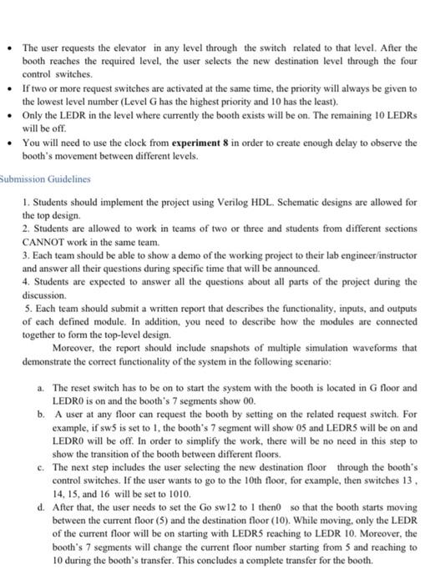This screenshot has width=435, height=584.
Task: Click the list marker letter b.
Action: point(42,414)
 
